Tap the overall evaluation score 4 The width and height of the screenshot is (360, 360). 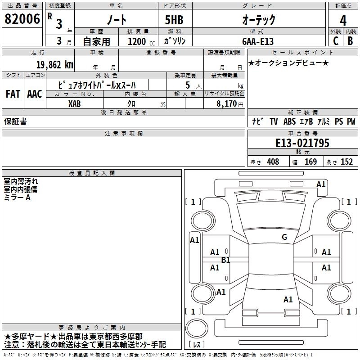343,20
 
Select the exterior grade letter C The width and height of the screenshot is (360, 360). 335,40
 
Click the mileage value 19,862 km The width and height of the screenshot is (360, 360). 53,64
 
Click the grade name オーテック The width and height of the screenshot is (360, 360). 258,20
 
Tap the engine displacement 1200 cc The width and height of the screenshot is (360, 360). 140,41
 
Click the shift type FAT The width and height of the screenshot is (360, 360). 13,94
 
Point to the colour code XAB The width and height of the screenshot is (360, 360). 75,103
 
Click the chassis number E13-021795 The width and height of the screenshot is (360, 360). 302,144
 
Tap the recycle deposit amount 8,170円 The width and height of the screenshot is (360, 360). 228,103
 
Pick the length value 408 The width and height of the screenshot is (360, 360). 273,162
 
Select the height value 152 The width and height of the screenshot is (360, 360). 346,162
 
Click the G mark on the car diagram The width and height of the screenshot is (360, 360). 284,237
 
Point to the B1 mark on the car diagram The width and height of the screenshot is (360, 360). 226,260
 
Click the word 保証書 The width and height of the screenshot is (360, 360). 15,121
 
